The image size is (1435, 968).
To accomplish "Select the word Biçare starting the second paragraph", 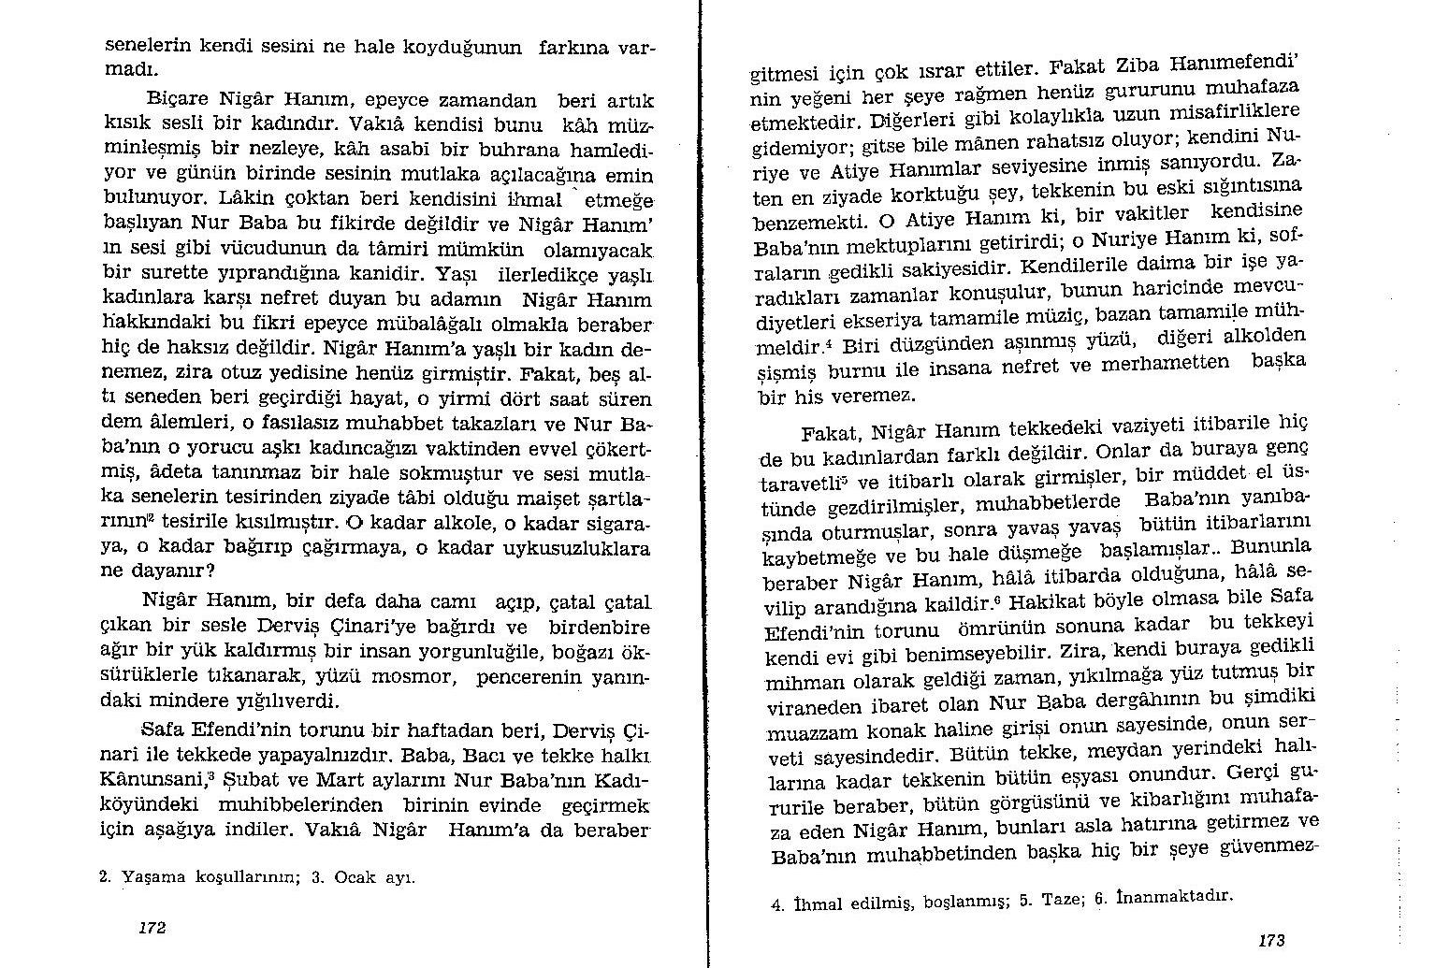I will click(x=179, y=99).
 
